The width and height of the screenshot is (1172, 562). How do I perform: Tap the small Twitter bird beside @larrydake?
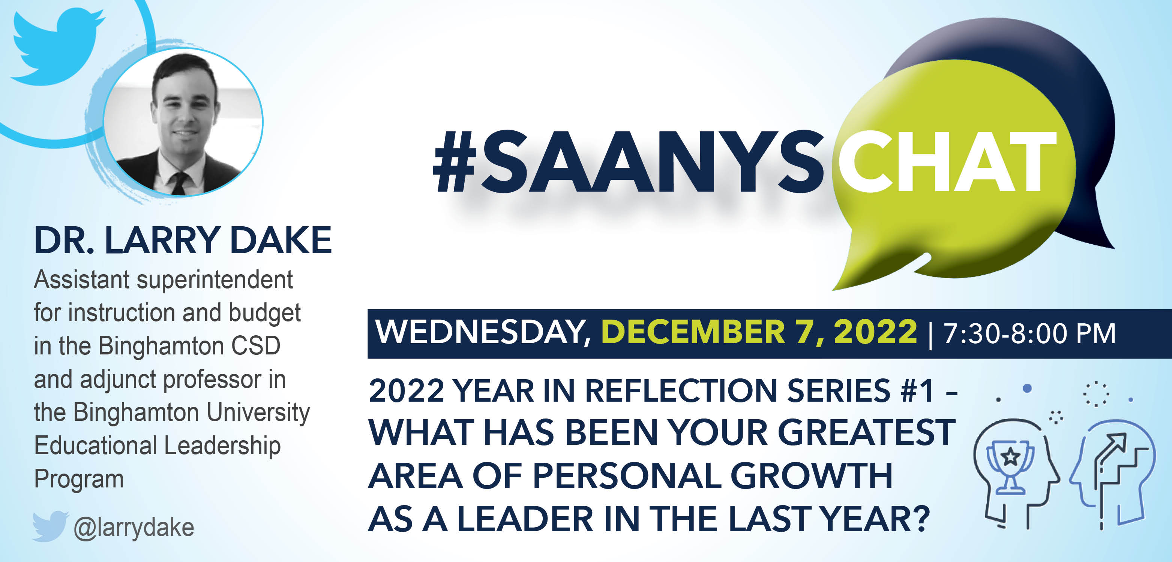[x=50, y=526]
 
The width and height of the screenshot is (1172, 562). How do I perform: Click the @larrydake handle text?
[x=134, y=528]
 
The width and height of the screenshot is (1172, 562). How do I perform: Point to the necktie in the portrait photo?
[x=179, y=183]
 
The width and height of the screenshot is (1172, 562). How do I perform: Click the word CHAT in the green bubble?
[x=946, y=161]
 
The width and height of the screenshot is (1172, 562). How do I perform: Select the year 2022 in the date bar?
[x=875, y=332]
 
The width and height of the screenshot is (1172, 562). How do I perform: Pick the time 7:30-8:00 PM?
[x=1029, y=333]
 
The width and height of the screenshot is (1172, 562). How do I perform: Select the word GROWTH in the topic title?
[x=811, y=476]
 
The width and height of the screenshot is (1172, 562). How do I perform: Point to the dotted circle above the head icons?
[x=1096, y=393]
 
